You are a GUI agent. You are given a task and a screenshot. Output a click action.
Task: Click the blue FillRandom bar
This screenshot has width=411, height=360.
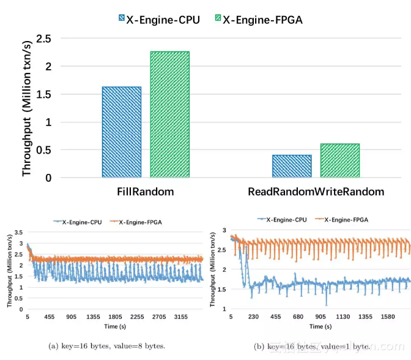point(121,132)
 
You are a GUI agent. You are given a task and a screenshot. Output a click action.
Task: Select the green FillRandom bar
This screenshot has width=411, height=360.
point(169,115)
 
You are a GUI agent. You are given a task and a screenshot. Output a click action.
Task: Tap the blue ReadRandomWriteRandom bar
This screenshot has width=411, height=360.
point(292,167)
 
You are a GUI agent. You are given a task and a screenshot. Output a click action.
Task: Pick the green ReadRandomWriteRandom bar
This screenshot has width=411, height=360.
point(339,161)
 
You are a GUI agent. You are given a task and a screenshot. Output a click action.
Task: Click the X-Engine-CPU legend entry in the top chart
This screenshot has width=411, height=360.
point(157,20)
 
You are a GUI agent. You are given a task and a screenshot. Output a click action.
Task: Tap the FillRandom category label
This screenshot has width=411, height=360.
point(146,192)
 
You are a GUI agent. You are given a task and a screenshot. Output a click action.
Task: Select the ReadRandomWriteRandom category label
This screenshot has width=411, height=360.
point(316,192)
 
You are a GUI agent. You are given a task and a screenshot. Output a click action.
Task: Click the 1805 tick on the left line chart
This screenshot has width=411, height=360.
point(116,318)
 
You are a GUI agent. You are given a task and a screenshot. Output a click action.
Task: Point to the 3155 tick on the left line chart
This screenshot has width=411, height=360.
point(182,318)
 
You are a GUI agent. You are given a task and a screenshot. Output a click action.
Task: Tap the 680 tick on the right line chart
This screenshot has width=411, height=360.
point(298,318)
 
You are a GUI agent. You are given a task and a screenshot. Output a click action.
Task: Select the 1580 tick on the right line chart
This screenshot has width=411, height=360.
point(388,318)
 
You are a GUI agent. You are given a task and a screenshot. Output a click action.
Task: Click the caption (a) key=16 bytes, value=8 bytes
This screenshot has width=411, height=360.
point(108,347)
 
